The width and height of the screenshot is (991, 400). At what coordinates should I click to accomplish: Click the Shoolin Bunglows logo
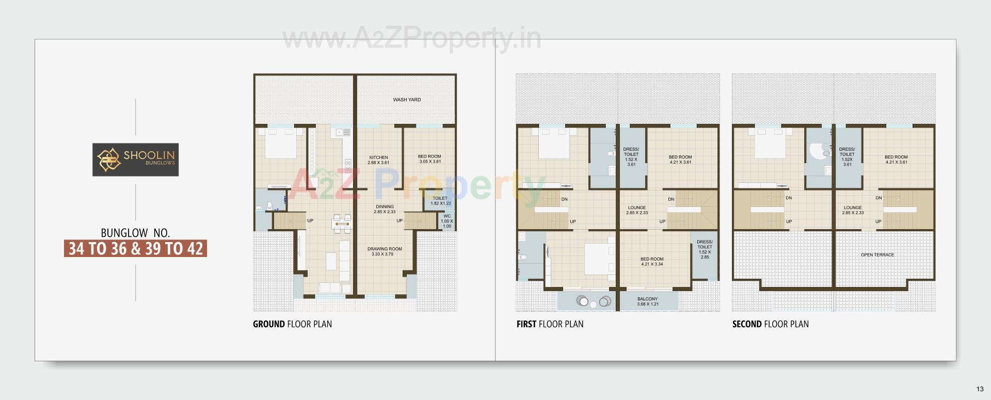pos(135,159)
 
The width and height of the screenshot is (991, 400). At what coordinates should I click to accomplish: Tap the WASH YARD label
pos(407,100)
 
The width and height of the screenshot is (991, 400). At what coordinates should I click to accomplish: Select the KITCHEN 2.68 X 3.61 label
pos(378,160)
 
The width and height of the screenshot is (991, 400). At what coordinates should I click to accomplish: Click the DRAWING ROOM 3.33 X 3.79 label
pos(385,251)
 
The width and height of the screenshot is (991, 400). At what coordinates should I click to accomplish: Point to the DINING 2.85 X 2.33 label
pos(385,209)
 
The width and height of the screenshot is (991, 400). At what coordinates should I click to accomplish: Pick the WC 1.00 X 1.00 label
pos(447,221)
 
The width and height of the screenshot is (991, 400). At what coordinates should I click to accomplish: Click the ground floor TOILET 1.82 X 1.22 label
pos(440,201)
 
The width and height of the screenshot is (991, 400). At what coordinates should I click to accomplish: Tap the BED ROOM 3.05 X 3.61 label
pos(429,159)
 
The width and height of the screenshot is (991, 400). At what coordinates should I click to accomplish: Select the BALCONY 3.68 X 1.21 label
pos(647,301)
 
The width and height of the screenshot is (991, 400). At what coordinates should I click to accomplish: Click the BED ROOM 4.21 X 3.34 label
pos(652,262)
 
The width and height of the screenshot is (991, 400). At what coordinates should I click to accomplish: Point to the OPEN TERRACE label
pos(877,255)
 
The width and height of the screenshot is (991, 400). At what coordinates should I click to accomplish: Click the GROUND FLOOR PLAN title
pos(292,324)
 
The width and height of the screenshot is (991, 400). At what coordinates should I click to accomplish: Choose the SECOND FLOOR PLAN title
pos(770,324)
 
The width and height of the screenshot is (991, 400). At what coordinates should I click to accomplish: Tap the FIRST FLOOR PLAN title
pos(550,324)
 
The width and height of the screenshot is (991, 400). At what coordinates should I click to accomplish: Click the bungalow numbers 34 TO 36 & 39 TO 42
pos(135,249)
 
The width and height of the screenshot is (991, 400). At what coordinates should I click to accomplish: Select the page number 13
pos(980,389)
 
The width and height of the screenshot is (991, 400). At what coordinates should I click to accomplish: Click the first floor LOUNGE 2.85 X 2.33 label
pos(637,210)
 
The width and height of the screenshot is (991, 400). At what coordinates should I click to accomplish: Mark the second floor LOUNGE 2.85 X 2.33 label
pos(853,210)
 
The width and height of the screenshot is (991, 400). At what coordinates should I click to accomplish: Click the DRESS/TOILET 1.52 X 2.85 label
pos(705,249)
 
